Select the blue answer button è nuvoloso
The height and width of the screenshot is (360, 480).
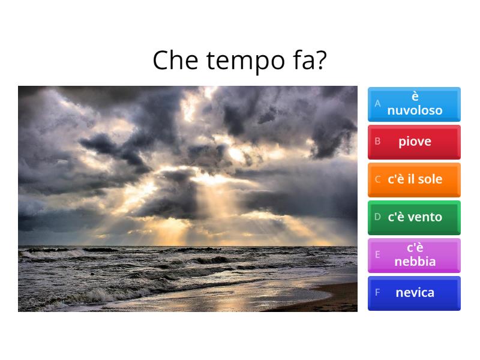coord(414,104)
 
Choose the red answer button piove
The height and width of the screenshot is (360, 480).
coord(414,142)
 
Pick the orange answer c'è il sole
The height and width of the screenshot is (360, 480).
coord(414,179)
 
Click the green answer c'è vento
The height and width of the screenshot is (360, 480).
coord(414,217)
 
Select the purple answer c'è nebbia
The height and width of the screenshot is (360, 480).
coord(414,255)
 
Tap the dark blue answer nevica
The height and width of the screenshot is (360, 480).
coord(414,293)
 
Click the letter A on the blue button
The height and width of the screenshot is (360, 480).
coord(378,103)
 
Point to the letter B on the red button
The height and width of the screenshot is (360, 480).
coord(378,142)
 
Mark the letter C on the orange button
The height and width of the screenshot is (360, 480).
coord(378,179)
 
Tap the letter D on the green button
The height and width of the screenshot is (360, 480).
coord(378,217)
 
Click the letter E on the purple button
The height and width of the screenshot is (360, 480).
coord(378,254)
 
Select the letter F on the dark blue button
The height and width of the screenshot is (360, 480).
coord(378,293)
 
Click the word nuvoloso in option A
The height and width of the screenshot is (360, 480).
coord(415,110)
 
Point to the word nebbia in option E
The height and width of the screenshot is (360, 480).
coord(415,262)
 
